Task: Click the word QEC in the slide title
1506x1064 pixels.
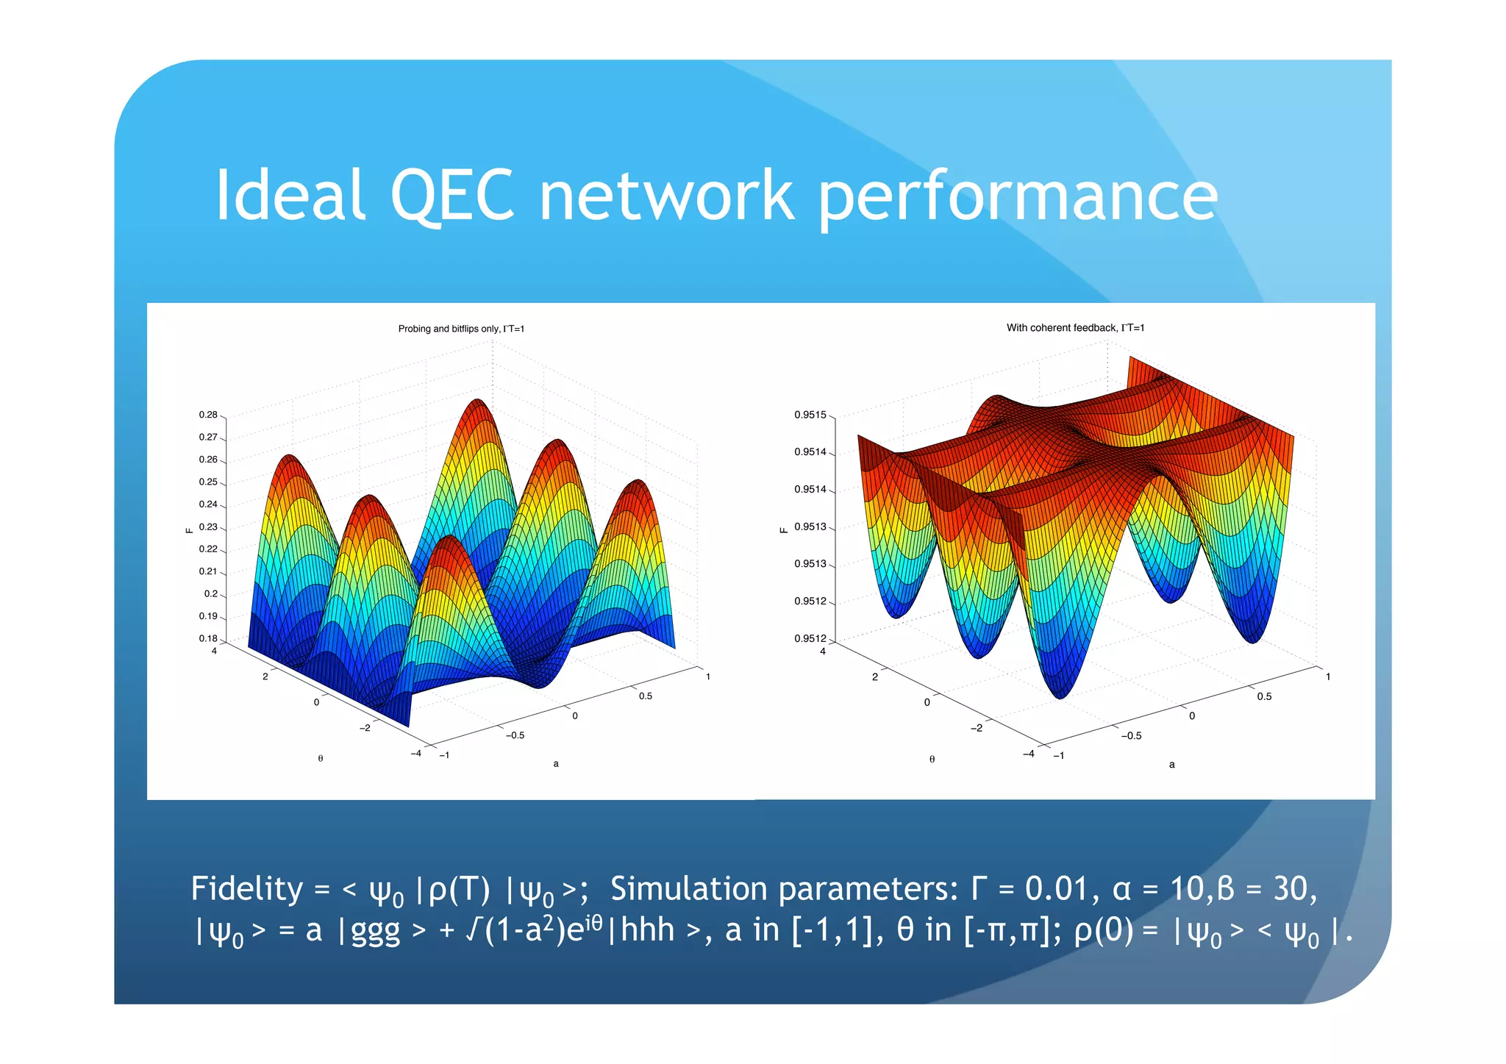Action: (452, 196)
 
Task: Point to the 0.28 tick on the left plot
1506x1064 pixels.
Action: (208, 415)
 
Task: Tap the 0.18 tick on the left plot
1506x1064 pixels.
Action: (208, 638)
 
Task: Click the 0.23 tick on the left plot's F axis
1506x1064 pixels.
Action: (208, 526)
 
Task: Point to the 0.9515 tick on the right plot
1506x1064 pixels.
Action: (810, 415)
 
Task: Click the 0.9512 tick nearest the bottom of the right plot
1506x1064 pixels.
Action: (810, 638)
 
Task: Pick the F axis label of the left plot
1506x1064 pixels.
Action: (189, 529)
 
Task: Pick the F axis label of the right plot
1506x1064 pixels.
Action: (784, 529)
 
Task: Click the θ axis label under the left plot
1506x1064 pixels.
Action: (321, 758)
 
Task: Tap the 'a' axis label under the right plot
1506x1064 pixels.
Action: (1171, 765)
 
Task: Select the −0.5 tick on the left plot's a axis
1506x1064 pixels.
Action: (515, 735)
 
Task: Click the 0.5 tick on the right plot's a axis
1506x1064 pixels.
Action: (1264, 696)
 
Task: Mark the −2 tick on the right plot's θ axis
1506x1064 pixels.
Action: (976, 728)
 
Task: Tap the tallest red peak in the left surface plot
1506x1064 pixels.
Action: (478, 401)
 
